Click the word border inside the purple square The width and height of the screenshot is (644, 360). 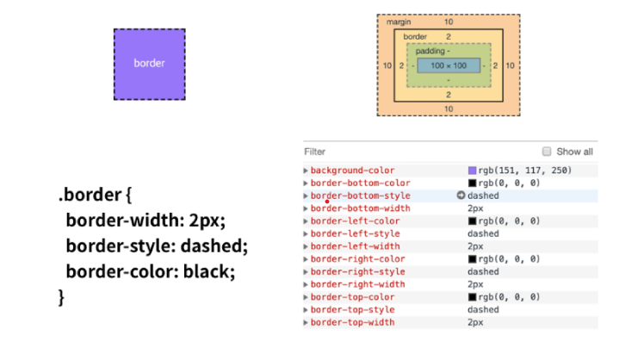(149, 63)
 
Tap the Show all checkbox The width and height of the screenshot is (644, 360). (546, 151)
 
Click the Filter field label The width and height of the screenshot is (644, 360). (314, 151)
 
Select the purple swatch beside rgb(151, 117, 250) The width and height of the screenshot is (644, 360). (472, 171)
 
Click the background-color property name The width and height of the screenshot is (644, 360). (352, 171)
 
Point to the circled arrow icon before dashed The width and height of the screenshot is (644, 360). (461, 196)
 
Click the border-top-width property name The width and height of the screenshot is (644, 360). (352, 322)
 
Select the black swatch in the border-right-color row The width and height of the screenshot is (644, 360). (472, 259)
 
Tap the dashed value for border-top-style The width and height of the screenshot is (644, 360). (482, 309)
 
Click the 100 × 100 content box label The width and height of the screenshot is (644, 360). (448, 65)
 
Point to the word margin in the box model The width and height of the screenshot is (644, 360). (398, 21)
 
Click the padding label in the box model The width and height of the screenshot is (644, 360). (433, 51)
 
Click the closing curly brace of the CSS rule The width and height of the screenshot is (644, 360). (61, 297)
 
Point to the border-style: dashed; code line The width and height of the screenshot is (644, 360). (156, 245)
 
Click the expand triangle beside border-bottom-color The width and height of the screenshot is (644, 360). (306, 183)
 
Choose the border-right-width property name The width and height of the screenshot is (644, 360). (356, 284)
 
